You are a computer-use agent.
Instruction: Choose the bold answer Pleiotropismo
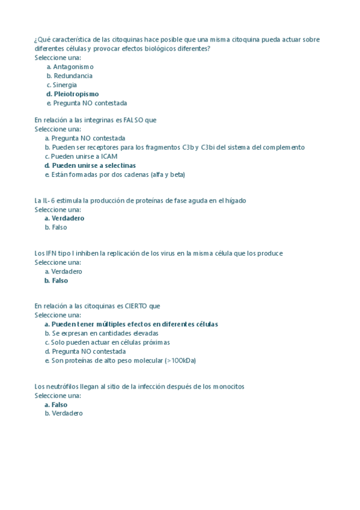point(76,94)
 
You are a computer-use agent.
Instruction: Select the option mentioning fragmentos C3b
point(178,147)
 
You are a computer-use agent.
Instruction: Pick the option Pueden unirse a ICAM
point(84,156)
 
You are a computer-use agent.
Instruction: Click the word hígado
point(235,201)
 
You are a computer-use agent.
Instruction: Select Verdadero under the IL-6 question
point(68,219)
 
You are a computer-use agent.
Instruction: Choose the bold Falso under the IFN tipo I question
point(59,281)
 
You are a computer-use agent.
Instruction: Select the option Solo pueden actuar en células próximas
point(111,342)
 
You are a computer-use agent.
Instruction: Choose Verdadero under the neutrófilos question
point(67,414)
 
